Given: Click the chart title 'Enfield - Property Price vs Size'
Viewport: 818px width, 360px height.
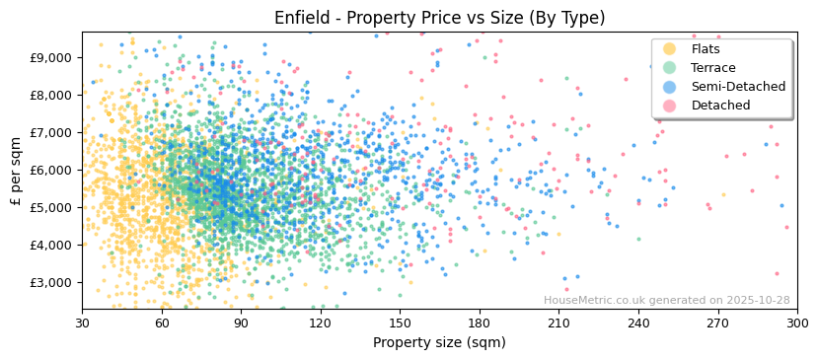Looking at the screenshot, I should pyautogui.click(x=439, y=18).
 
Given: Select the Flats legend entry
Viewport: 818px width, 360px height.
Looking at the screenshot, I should pyautogui.click(x=706, y=49).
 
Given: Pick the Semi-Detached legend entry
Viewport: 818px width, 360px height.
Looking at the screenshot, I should pyautogui.click(x=738, y=87).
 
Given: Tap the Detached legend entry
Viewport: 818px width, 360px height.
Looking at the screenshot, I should pyautogui.click(x=720, y=106).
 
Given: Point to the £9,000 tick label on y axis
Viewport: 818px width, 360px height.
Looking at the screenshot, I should pyautogui.click(x=51, y=57).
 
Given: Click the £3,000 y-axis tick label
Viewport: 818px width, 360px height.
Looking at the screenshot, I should pyautogui.click(x=51, y=282).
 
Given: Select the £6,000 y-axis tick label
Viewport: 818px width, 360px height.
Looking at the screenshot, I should pyautogui.click(x=51, y=170).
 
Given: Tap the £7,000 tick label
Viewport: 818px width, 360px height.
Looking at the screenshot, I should pyautogui.click(x=51, y=132).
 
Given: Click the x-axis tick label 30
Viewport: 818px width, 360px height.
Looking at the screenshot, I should pyautogui.click(x=82, y=323).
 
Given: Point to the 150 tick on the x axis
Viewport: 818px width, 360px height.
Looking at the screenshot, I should pyautogui.click(x=400, y=323).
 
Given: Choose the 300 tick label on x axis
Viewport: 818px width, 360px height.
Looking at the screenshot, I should pyautogui.click(x=797, y=323).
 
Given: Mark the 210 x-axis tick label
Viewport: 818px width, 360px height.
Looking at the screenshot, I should pyautogui.click(x=558, y=323).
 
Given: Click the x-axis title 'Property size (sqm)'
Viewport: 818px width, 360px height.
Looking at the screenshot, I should pyautogui.click(x=439, y=342).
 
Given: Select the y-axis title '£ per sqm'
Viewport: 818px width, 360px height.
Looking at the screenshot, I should pyautogui.click(x=17, y=171).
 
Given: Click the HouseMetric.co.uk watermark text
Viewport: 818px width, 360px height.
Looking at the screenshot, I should pyautogui.click(x=666, y=301).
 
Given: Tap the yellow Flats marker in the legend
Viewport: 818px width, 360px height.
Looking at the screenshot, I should pyautogui.click(x=669, y=49).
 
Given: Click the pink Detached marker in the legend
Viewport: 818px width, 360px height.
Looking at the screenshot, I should pyautogui.click(x=669, y=106).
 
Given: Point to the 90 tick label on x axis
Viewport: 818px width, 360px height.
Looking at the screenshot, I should pyautogui.click(x=241, y=323).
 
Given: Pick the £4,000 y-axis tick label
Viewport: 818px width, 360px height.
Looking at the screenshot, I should pyautogui.click(x=51, y=245).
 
